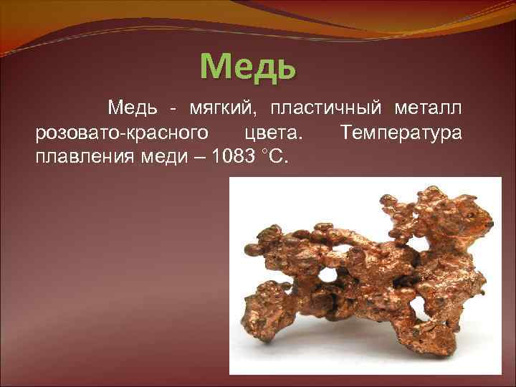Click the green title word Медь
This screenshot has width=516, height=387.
click(x=247, y=66)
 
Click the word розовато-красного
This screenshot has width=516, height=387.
click(x=122, y=133)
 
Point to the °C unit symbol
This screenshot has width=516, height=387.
click(x=276, y=156)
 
